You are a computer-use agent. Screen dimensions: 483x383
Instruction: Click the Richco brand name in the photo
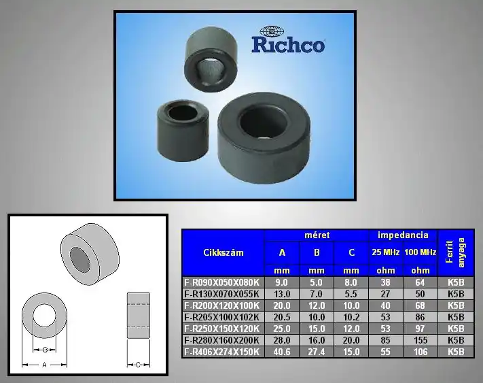[288, 45]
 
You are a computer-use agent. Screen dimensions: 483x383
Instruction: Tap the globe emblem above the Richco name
[271, 31]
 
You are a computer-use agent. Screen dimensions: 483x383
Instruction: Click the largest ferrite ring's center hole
[264, 122]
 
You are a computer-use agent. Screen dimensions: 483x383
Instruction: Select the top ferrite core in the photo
[211, 59]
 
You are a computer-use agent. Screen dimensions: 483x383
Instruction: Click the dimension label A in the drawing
[44, 365]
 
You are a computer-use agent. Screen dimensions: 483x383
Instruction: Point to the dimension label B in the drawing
[45, 350]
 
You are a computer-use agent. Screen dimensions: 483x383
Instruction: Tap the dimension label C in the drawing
[138, 365]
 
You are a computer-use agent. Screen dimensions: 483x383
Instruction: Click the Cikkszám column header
[223, 252]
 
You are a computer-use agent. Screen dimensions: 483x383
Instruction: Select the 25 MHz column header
[386, 252]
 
